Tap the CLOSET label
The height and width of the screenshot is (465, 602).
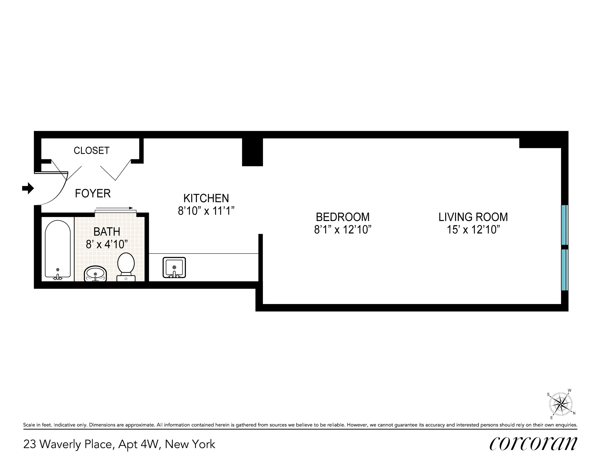click(x=92, y=150)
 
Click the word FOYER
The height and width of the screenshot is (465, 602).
click(x=93, y=194)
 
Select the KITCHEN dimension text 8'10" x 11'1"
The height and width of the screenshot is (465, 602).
click(x=206, y=211)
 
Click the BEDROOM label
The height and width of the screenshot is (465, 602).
click(x=342, y=217)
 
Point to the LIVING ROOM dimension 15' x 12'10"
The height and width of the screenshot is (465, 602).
click(x=473, y=229)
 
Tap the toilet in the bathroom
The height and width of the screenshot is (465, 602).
click(x=126, y=266)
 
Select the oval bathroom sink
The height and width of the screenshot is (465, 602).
click(x=95, y=274)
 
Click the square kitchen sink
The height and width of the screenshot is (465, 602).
click(x=174, y=267)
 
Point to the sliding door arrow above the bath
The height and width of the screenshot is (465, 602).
click(x=114, y=208)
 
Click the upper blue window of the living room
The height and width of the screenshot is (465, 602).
click(x=565, y=225)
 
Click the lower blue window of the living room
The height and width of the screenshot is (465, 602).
click(x=565, y=270)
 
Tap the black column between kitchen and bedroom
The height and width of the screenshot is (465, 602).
click(x=252, y=152)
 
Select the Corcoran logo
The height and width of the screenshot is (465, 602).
click(x=533, y=444)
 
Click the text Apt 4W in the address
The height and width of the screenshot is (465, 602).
click(x=139, y=444)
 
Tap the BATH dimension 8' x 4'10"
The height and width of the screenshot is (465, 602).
click(x=107, y=244)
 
